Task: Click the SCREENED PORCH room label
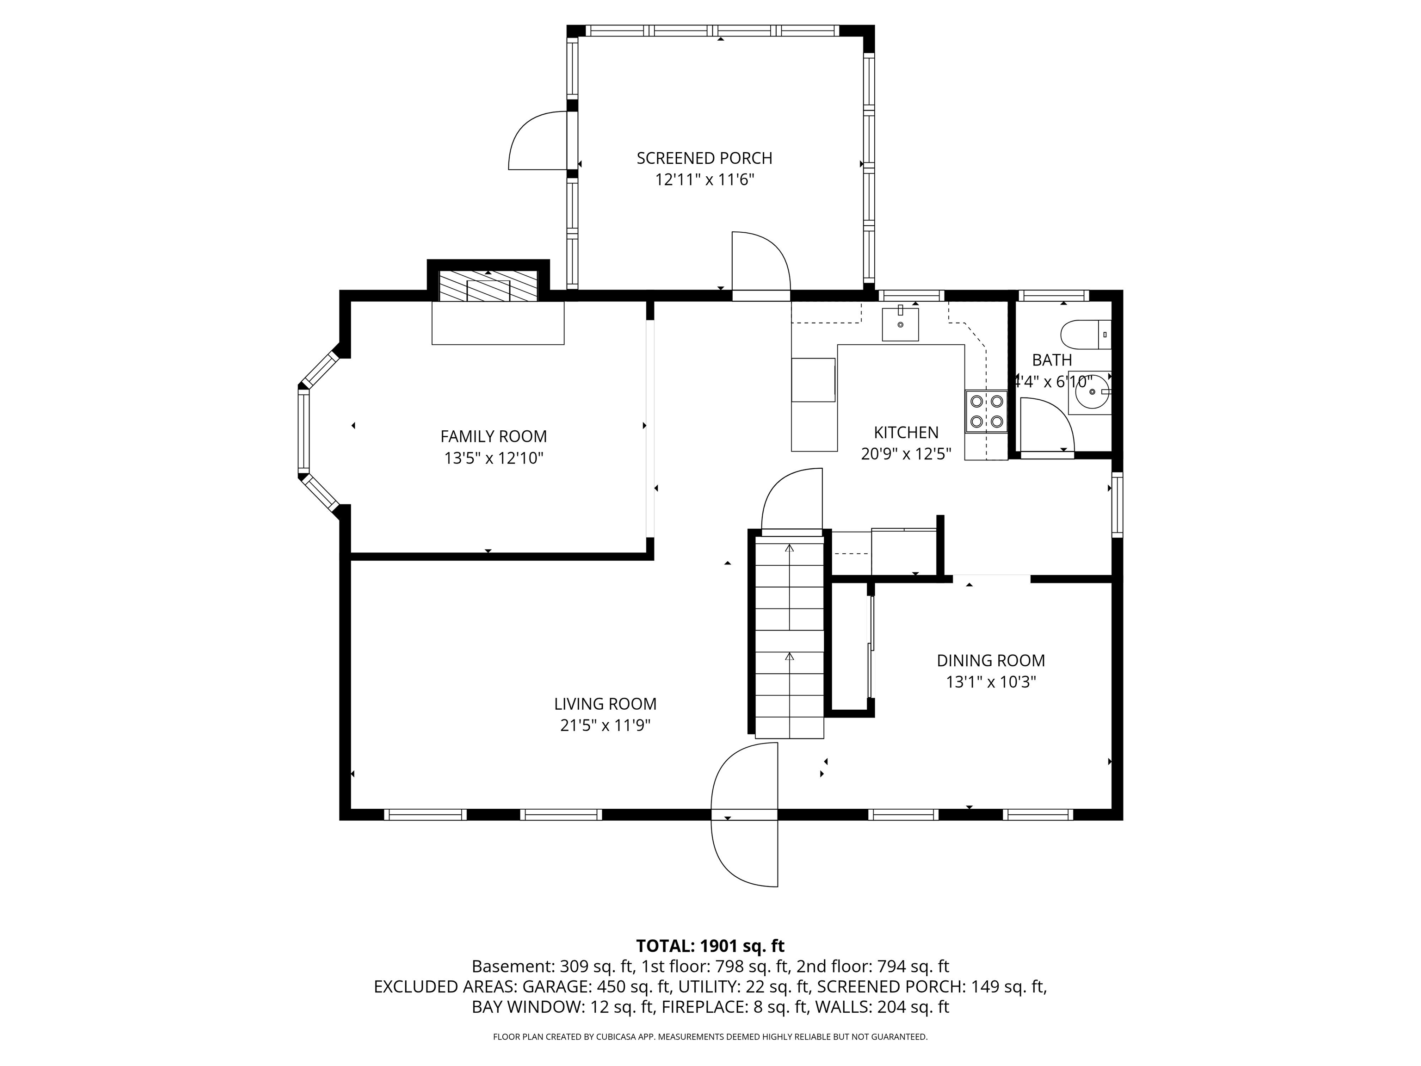[x=704, y=158]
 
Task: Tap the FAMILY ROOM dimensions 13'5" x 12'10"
[x=494, y=458]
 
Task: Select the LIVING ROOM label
[x=605, y=704]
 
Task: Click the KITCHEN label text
[x=906, y=433]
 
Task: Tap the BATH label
[x=1051, y=360]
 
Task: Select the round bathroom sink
[x=1090, y=391]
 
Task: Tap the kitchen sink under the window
[x=900, y=324]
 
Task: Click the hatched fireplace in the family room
[x=488, y=286]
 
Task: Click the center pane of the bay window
[x=303, y=431]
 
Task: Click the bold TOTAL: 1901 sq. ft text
[x=710, y=946]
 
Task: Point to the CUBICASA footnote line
[x=710, y=1036]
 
